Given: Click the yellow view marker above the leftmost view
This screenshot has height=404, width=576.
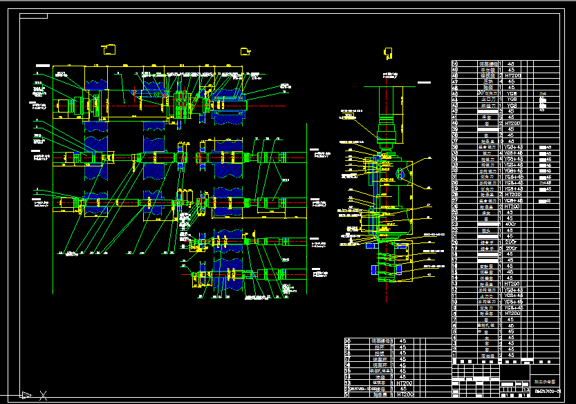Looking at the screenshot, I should (x=109, y=49).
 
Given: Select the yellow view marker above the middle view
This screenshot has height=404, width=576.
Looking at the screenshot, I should (x=245, y=50).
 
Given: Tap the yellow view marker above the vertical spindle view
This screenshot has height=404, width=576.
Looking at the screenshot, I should (x=388, y=52).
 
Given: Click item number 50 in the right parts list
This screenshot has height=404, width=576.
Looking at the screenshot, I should (x=455, y=64).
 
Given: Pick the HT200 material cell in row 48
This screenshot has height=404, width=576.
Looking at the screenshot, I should (x=511, y=75).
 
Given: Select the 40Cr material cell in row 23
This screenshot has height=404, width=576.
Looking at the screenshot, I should (x=511, y=224).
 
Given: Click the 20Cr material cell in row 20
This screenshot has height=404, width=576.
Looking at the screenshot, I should (x=511, y=242).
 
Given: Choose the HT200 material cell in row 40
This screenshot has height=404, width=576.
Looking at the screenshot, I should (x=511, y=123).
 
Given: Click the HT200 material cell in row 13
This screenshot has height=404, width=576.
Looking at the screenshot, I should (x=511, y=284).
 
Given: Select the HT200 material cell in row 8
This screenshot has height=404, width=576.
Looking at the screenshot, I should (x=511, y=314).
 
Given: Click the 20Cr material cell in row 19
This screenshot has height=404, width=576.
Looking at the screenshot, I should (x=511, y=248).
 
